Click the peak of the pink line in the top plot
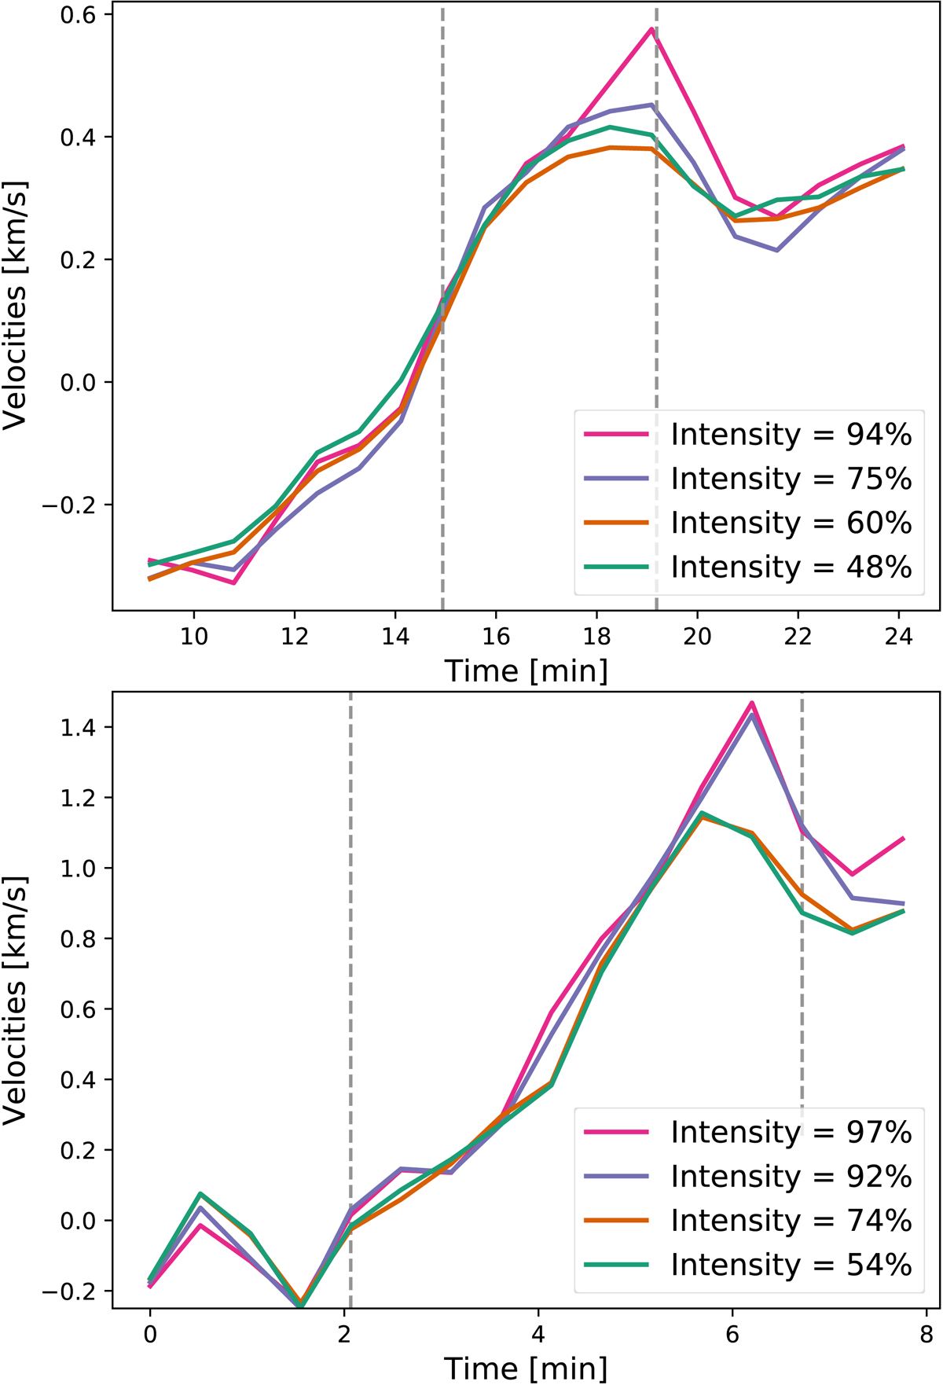click(x=651, y=29)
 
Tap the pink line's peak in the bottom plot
click(x=752, y=703)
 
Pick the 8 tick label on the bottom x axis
click(x=927, y=1336)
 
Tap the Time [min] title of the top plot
click(x=526, y=671)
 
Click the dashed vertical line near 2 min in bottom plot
click(x=350, y=943)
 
